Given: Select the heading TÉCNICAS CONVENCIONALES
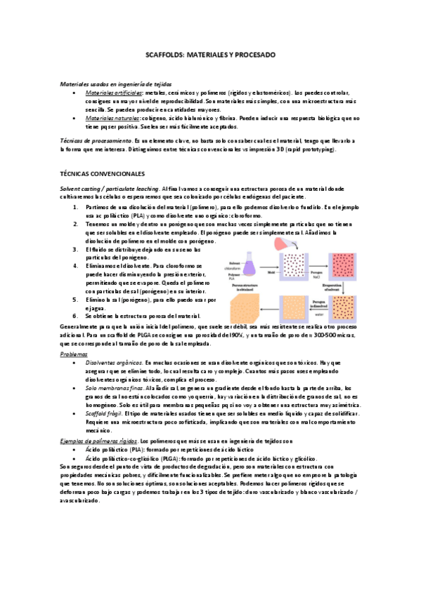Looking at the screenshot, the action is (103, 172).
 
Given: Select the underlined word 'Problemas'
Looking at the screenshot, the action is (75, 354).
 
